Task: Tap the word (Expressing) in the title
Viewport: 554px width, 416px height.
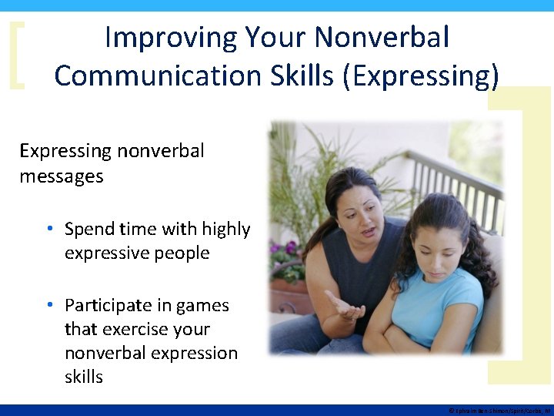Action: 422,75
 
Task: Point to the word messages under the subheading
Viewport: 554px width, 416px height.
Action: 61,176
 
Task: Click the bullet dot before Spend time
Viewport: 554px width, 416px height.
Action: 48,230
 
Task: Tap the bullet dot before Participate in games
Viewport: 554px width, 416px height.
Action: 48,306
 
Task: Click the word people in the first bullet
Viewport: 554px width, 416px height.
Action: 179,253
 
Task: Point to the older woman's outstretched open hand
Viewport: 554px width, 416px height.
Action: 345,307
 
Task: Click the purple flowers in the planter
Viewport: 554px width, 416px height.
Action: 288,249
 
